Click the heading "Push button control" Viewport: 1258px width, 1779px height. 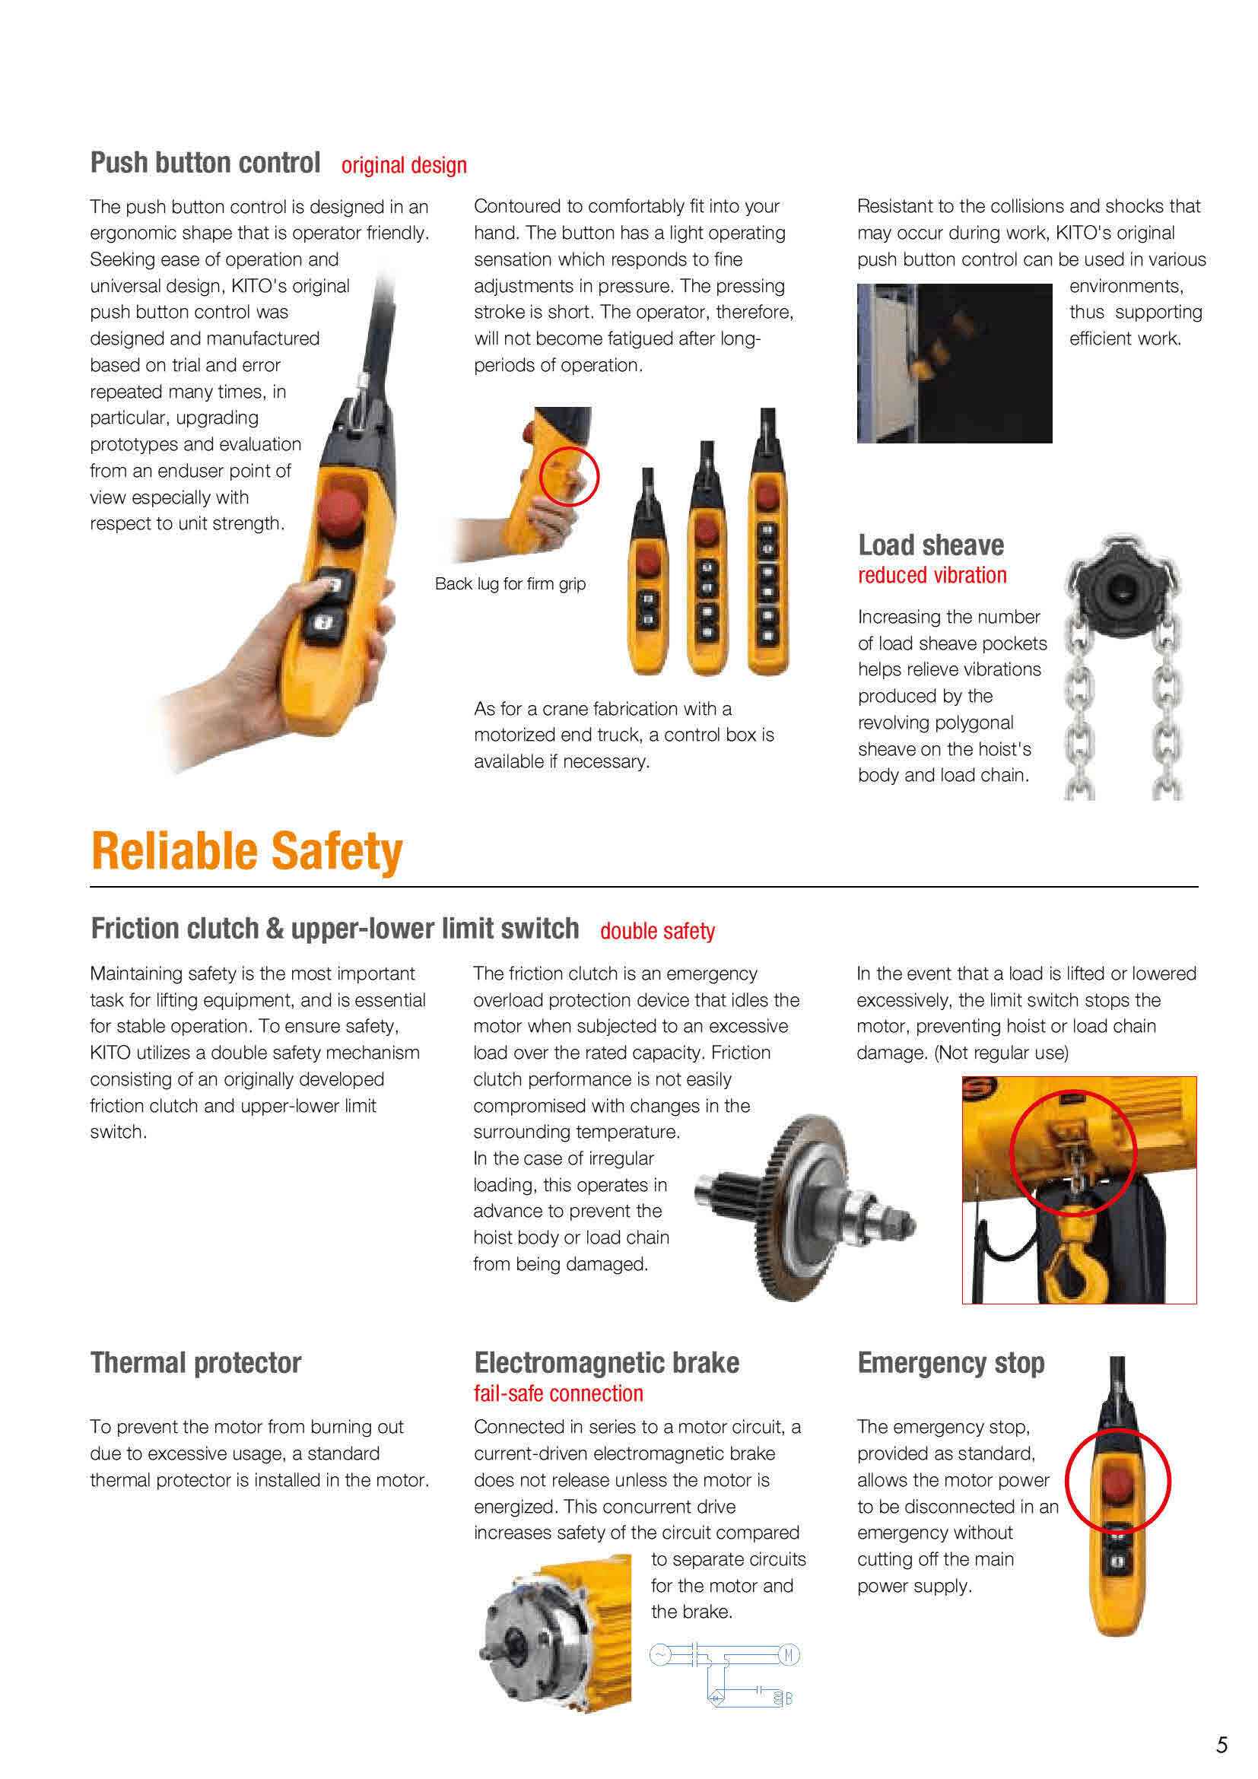[x=205, y=163]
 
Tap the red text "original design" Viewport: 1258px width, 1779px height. [x=404, y=165]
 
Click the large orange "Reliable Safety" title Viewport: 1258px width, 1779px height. [x=247, y=851]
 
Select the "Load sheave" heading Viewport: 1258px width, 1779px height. [x=930, y=545]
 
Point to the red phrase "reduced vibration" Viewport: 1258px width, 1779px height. [x=932, y=575]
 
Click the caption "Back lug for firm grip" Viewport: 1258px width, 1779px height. [x=510, y=583]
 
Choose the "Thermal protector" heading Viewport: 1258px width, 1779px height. [x=196, y=1362]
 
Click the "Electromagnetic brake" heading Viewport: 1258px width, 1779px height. [x=606, y=1362]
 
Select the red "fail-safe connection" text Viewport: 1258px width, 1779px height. [x=558, y=1393]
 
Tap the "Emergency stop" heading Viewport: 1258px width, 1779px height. [x=951, y=1363]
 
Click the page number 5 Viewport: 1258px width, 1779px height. [x=1221, y=1745]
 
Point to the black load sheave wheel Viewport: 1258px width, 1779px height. [x=1121, y=586]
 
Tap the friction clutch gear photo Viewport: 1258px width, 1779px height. [x=805, y=1206]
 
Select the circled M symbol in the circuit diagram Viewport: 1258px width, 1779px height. [x=789, y=1655]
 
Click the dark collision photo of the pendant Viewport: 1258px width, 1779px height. [x=955, y=364]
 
